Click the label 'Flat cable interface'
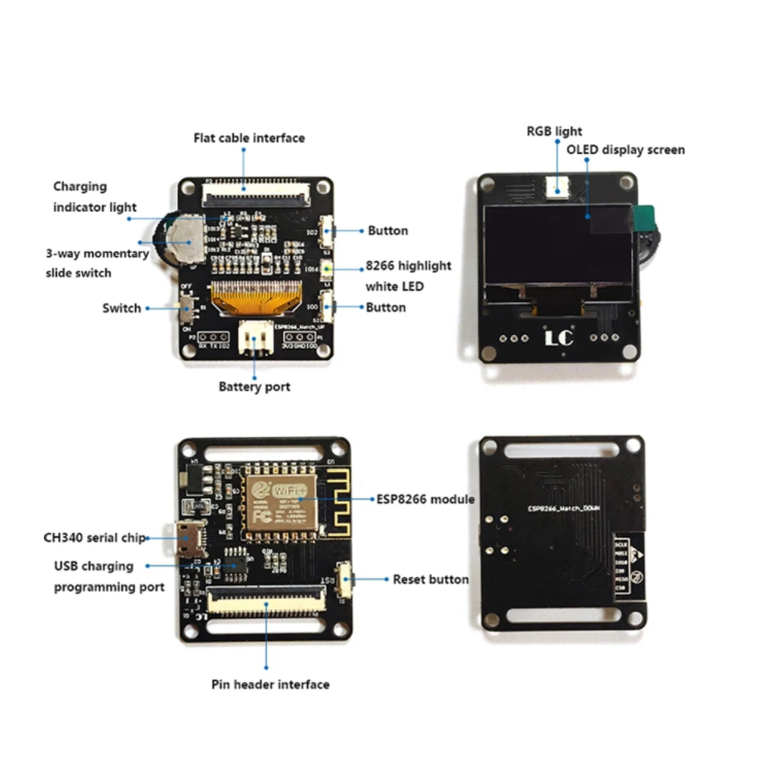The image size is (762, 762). pyautogui.click(x=248, y=138)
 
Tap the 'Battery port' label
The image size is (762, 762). pyautogui.click(x=255, y=386)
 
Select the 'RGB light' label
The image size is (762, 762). pyautogui.click(x=554, y=131)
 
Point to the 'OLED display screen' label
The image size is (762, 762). pyautogui.click(x=625, y=149)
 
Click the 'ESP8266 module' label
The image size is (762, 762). pyautogui.click(x=425, y=499)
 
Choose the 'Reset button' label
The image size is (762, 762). pyautogui.click(x=431, y=579)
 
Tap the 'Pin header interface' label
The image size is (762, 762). pyautogui.click(x=270, y=684)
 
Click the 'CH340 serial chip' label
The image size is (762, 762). pyautogui.click(x=94, y=537)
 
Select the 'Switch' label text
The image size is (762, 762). pyautogui.click(x=122, y=308)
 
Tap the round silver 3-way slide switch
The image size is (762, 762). pyautogui.click(x=183, y=235)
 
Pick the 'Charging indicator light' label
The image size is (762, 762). pyautogui.click(x=94, y=196)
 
